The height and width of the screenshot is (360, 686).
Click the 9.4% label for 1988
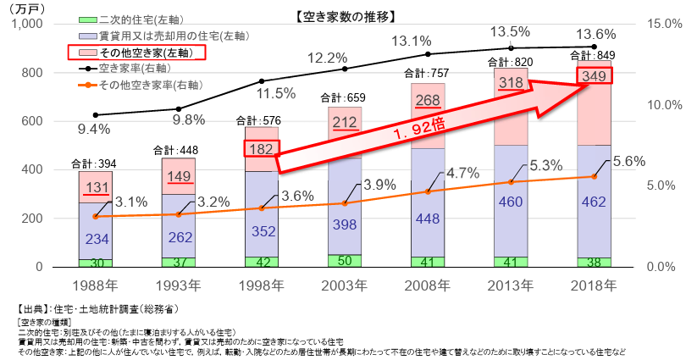(x=94, y=130)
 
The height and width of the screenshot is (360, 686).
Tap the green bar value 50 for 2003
(x=344, y=260)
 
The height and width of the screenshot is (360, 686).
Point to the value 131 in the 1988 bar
(x=95, y=187)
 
